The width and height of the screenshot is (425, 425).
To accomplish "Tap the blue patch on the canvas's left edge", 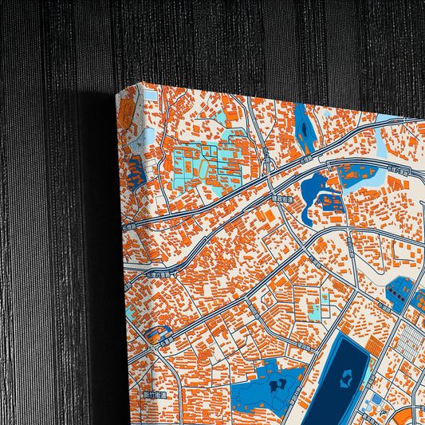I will [133, 171].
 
